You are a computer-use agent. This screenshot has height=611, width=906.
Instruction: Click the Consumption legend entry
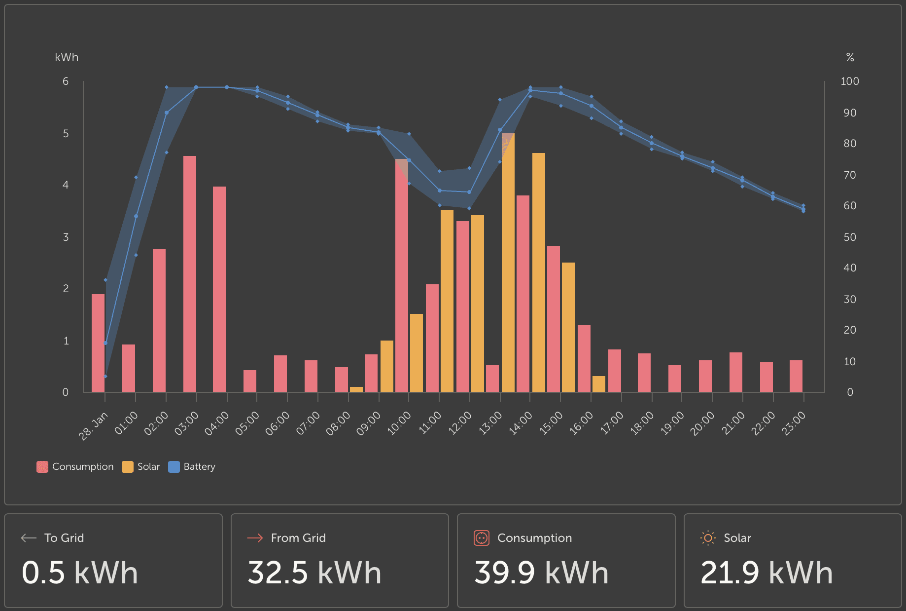[75, 466]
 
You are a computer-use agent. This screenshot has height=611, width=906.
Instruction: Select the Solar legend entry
[141, 466]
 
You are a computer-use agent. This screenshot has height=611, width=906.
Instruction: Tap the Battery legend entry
[192, 466]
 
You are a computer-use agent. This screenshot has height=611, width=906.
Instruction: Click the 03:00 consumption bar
[190, 274]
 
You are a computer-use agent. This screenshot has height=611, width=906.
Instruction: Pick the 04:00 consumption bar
[219, 289]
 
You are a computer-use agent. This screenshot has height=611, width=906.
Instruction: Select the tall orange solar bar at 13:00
[508, 263]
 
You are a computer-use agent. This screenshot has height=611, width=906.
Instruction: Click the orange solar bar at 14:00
[539, 272]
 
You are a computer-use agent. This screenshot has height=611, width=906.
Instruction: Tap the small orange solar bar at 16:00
[599, 384]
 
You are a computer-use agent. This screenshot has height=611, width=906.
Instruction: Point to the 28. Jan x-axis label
[93, 425]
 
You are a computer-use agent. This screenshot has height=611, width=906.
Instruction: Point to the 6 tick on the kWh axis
[66, 81]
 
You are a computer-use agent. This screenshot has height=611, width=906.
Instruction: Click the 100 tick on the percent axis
[849, 81]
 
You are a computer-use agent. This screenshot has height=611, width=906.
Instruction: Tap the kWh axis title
[67, 57]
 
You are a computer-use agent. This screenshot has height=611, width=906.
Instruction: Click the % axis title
[850, 57]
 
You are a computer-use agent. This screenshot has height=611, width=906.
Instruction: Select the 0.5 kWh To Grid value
[80, 573]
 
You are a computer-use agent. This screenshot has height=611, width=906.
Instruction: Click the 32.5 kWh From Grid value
[314, 573]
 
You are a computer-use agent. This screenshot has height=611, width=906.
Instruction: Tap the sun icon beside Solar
[708, 538]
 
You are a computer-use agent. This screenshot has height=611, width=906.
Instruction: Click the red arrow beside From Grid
[255, 538]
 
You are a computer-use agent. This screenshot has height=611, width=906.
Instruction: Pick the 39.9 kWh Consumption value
[541, 573]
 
